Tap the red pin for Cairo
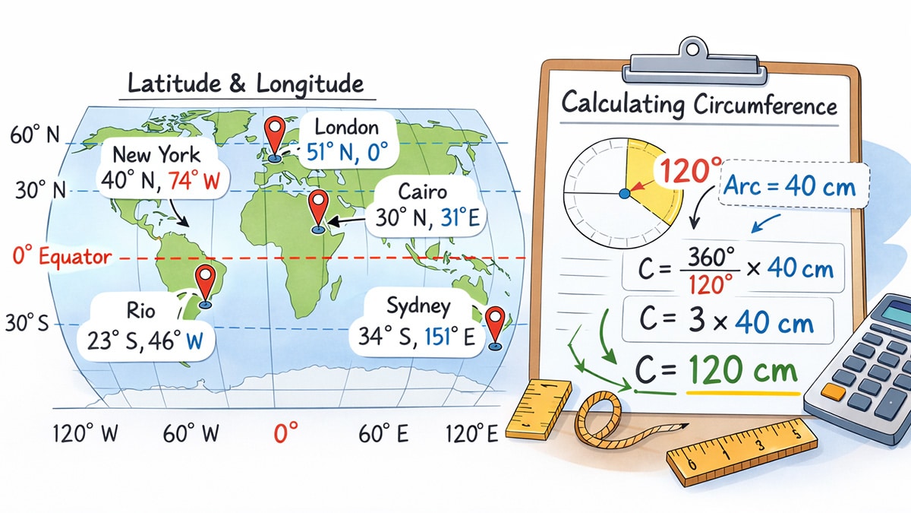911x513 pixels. (x=318, y=204)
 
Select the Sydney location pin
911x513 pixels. (x=496, y=322)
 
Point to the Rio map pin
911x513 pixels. (x=204, y=280)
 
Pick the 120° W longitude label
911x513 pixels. (x=86, y=435)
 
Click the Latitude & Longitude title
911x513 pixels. (x=246, y=83)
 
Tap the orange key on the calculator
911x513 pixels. (x=833, y=392)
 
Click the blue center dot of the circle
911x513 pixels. (x=624, y=195)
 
